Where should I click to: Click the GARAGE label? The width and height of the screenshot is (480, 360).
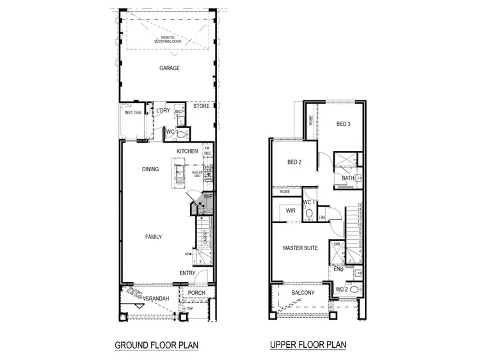[x=170, y=67]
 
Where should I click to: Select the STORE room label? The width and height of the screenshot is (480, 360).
[x=202, y=106]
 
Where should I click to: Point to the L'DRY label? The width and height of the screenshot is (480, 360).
[x=163, y=111]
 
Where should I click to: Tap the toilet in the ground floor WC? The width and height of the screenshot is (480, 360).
[x=182, y=134]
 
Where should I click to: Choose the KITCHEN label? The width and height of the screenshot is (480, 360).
[x=187, y=151]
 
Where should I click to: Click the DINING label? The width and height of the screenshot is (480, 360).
[x=150, y=169]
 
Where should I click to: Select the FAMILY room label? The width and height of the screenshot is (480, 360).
[x=153, y=237]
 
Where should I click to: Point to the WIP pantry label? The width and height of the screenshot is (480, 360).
[x=207, y=197]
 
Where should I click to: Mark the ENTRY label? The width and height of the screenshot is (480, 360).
[x=187, y=273]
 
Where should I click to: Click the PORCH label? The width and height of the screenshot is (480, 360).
[x=195, y=293]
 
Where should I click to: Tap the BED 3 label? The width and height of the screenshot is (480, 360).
[x=343, y=124]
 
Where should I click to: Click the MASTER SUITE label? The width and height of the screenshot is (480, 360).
[x=300, y=247]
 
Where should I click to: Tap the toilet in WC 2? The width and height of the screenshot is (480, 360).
[x=354, y=290]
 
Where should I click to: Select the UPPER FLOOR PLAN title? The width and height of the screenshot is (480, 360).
[x=308, y=345]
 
